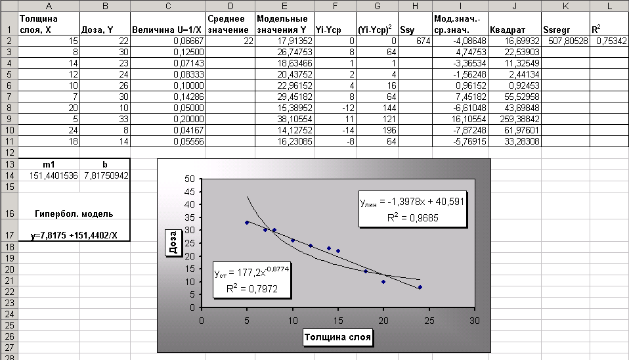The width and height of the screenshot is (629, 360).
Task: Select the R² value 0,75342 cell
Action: pyautogui.click(x=607, y=41)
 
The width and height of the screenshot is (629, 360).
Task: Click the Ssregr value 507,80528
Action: pyautogui.click(x=565, y=41)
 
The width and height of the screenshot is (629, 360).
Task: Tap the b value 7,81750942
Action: pyautogui.click(x=104, y=175)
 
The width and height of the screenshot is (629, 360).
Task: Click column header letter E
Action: pyautogui.click(x=284, y=5)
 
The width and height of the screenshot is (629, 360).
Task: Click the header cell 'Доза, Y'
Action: pyautogui.click(x=104, y=29)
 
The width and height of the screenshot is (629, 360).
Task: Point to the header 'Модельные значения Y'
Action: pyautogui.click(x=284, y=24)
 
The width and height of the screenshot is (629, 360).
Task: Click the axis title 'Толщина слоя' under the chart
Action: pyautogui.click(x=338, y=338)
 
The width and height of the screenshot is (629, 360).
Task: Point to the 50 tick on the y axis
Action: pyautogui.click(x=190, y=179)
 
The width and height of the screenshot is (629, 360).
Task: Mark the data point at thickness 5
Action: pyautogui.click(x=247, y=223)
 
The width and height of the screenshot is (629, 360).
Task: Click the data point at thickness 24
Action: pyautogui.click(x=420, y=287)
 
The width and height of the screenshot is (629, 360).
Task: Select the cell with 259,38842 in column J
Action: pyautogui.click(x=514, y=120)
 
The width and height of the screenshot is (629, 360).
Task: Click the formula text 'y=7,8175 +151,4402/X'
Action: pyautogui.click(x=74, y=235)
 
